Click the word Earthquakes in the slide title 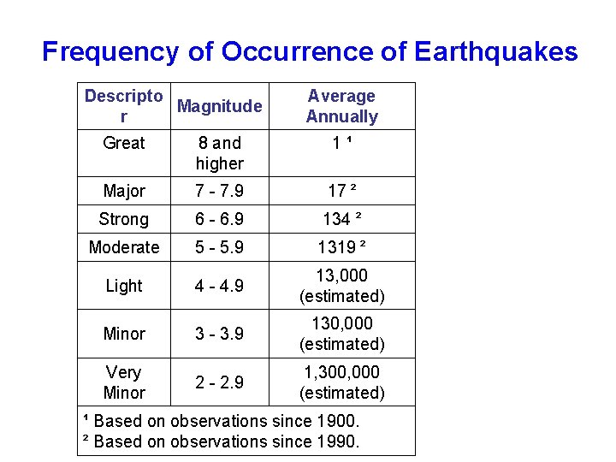(495, 52)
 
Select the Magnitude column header (219, 106)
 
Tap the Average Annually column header (341, 106)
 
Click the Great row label (124, 143)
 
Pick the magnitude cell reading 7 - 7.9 (219, 191)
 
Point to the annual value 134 (336, 219)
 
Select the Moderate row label (124, 247)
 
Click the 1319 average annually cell (337, 247)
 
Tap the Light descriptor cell (124, 286)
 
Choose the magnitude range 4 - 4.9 (219, 286)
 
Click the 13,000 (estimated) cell (341, 286)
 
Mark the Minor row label (124, 334)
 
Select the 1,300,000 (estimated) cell (341, 382)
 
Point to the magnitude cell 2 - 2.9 (219, 382)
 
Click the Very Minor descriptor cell (124, 382)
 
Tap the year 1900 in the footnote (337, 421)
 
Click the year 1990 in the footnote (337, 441)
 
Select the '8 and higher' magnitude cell (219, 153)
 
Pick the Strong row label (124, 219)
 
